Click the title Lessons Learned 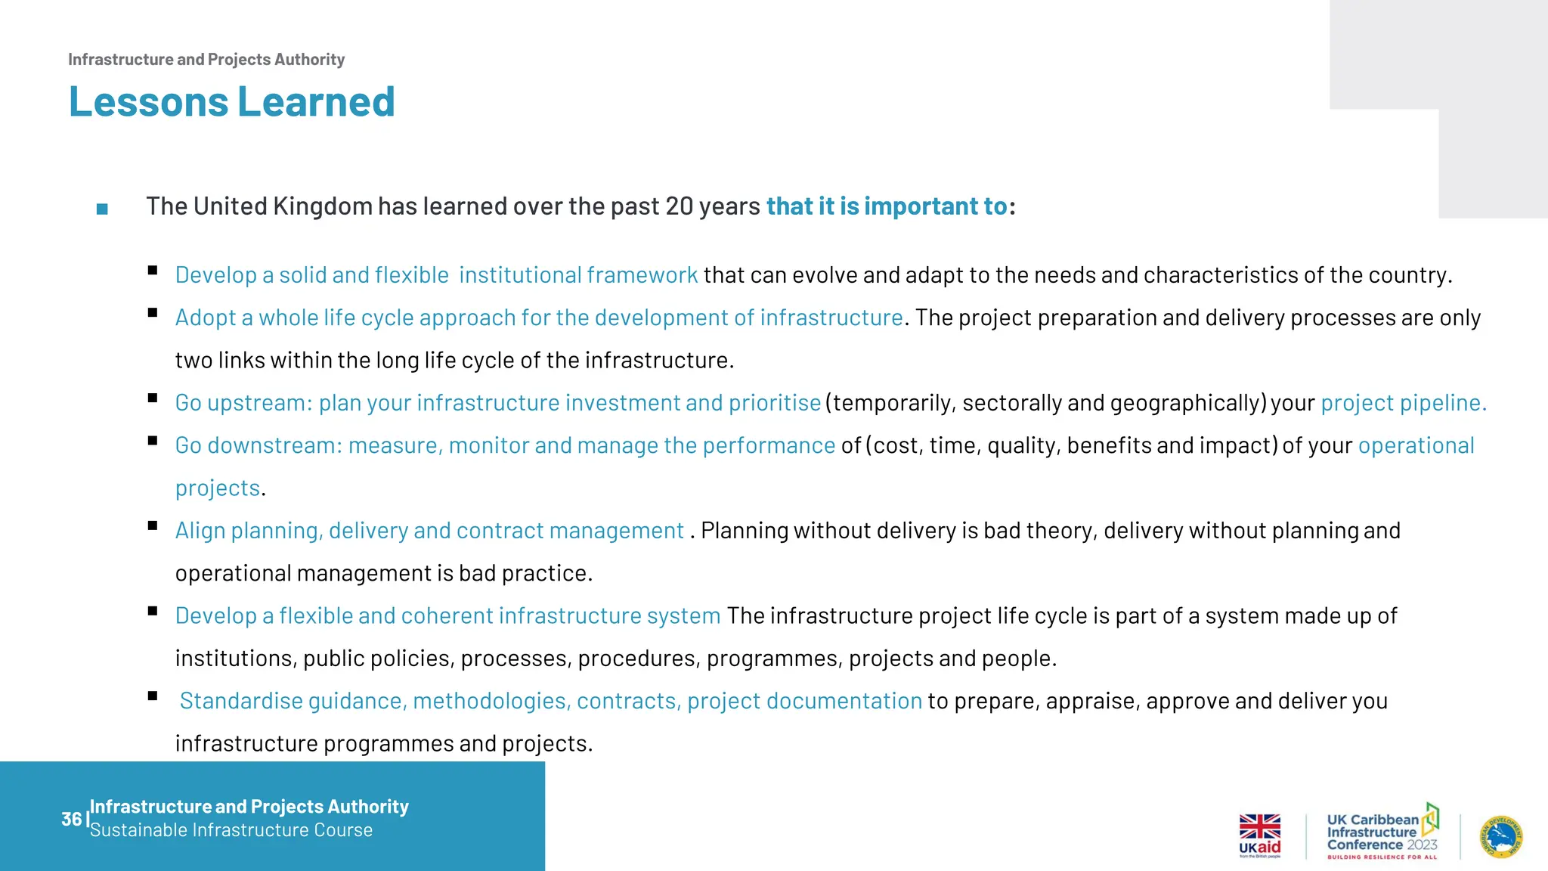(x=231, y=102)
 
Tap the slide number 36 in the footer (x=71, y=819)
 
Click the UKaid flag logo (x=1259, y=835)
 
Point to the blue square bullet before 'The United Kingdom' (x=102, y=209)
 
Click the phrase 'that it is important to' (x=887, y=206)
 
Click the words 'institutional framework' (x=578, y=275)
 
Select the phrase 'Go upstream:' (x=243, y=403)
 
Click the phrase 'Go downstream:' (x=259, y=446)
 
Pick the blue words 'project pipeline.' (x=1403, y=403)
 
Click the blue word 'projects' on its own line (x=218, y=488)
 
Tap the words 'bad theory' (x=1039, y=531)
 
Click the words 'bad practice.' (x=525, y=574)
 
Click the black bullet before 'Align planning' (x=153, y=525)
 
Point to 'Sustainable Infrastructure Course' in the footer (x=231, y=830)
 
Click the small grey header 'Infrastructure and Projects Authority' (x=206, y=60)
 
